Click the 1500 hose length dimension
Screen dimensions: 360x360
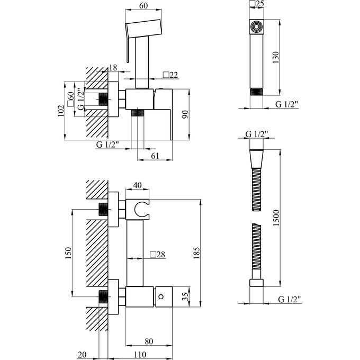click(276, 218)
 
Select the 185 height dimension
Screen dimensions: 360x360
click(196, 253)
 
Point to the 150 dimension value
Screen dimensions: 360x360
click(68, 253)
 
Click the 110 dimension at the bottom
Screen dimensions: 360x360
click(140, 355)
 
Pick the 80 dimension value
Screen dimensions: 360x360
click(149, 341)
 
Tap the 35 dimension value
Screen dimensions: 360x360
click(185, 296)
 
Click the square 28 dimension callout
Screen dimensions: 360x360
click(158, 254)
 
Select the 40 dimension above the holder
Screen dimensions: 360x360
click(137, 185)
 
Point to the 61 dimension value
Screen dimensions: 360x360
click(155, 156)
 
